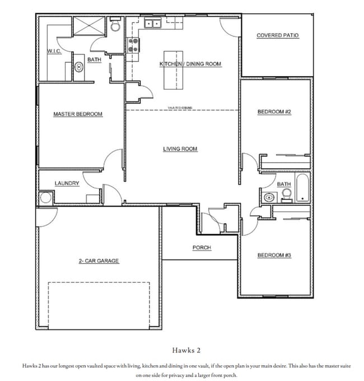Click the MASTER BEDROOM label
click(78, 114)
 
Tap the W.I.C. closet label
click(54, 51)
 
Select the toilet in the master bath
click(116, 26)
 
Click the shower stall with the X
click(89, 26)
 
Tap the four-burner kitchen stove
click(133, 45)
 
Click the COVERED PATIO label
click(277, 35)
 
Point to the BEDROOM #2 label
click(274, 112)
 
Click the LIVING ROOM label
click(180, 149)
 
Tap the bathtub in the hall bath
click(302, 188)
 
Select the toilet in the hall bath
click(286, 194)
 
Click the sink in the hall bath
click(269, 197)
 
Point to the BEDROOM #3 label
click(274, 255)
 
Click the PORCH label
click(202, 248)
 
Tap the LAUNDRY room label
click(67, 183)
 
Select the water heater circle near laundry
click(45, 198)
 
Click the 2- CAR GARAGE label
click(99, 261)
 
